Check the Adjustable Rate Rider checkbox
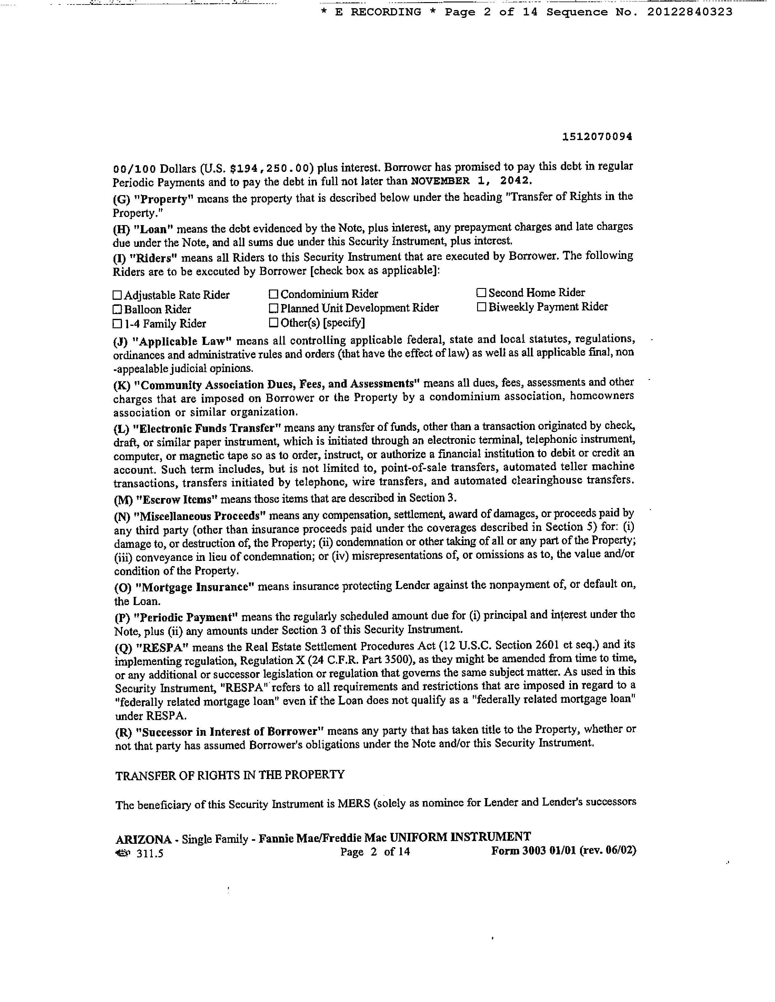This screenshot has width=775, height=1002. pos(117,295)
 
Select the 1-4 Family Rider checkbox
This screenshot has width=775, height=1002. pos(117,324)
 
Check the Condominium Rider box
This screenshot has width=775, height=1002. pos(274,294)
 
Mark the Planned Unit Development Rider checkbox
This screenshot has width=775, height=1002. pos(274,308)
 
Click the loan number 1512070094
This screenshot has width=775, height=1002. pos(597,137)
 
